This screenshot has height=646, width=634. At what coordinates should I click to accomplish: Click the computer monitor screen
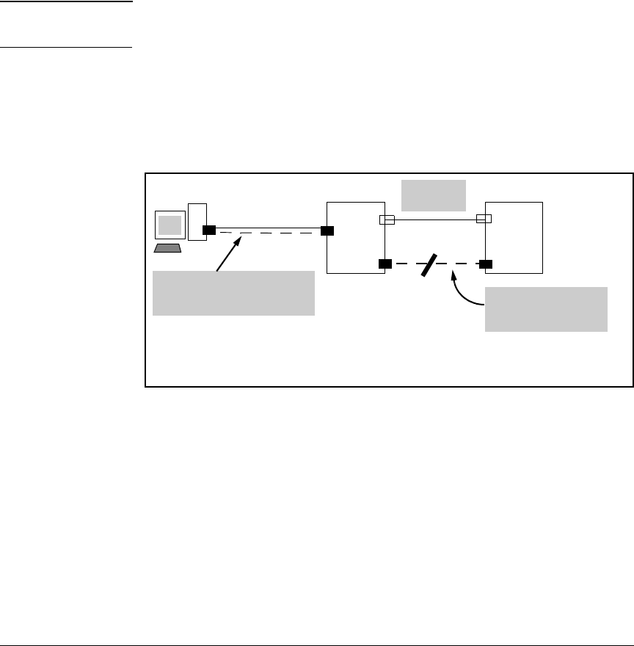pos(170,225)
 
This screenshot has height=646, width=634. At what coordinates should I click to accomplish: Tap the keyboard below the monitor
pos(167,248)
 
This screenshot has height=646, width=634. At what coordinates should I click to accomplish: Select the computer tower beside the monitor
pos(197,221)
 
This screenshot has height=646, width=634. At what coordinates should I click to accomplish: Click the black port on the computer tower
pos(209,231)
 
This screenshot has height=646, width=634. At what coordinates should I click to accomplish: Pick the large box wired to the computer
pos(356,237)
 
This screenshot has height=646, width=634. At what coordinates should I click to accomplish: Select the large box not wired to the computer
pos(514,237)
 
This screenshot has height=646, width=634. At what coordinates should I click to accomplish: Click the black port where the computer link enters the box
pos(327,231)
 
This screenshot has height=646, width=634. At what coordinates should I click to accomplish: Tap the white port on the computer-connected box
pos(387,219)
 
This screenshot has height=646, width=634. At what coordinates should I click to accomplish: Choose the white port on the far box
pos(484,218)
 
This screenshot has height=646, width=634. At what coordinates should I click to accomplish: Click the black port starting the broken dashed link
pos(385,264)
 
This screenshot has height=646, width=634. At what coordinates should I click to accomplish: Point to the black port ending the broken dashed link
pos(485,263)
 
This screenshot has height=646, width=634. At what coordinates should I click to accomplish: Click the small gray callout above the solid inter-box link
pos(434,195)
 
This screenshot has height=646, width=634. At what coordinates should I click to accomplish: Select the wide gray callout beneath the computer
pos(233,293)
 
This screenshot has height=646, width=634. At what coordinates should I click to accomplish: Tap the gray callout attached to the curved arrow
pos(547,309)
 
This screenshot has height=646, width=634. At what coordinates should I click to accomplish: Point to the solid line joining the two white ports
pos(435,219)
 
